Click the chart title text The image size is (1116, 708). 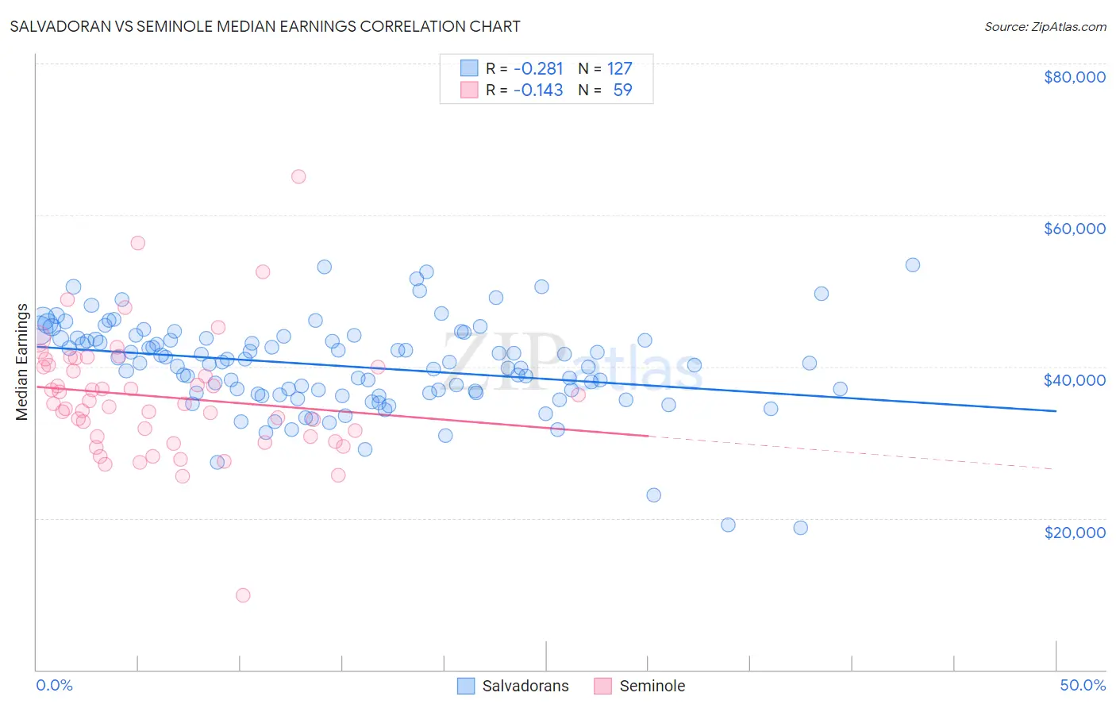pos(265,26)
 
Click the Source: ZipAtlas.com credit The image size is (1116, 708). pos(1045,26)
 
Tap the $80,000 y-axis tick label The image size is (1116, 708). pos(1074,77)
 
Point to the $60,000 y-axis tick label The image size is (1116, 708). pos(1074,229)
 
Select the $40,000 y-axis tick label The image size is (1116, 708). pos(1074,380)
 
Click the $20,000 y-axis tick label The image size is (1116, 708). pos(1074,532)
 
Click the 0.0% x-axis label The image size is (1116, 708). pos(54,685)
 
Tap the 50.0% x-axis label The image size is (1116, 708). pos(1083,685)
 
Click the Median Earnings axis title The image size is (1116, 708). pos(22,362)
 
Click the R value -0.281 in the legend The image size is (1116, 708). pos(538,69)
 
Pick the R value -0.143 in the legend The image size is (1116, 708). pos(538,90)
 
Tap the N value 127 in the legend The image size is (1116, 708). pos(620,69)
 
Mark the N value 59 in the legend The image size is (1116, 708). pos(622,90)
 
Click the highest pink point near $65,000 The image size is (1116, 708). pos(298,177)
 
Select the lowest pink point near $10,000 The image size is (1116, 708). pos(243,595)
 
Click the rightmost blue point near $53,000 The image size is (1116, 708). pos(913,265)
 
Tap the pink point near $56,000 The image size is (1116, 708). pos(138,243)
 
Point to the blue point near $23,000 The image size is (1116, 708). pos(654,495)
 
